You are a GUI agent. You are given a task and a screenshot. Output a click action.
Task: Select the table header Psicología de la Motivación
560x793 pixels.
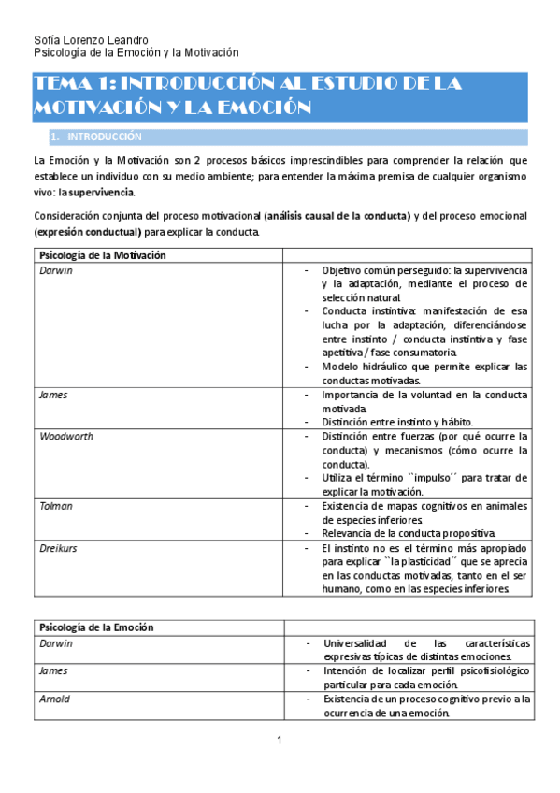(103, 254)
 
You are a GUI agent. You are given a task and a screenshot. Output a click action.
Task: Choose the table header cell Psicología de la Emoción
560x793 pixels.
(96, 627)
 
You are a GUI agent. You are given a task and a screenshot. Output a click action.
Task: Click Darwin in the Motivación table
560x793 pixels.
(55, 269)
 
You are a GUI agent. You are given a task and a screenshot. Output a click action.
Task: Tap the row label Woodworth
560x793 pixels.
(65, 437)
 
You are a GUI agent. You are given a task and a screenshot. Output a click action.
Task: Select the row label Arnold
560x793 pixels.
(55, 699)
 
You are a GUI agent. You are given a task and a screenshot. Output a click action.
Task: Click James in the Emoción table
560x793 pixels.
(53, 670)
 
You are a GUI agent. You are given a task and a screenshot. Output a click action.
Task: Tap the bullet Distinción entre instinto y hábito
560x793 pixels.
(397, 422)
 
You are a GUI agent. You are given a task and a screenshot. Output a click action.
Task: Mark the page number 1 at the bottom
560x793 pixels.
(279, 742)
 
